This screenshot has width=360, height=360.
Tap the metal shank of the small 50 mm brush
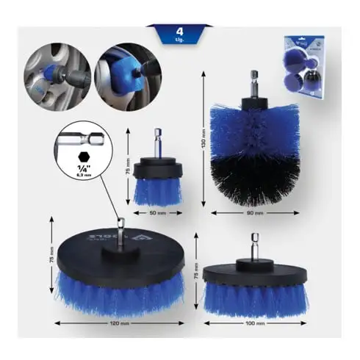click(156, 139)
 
